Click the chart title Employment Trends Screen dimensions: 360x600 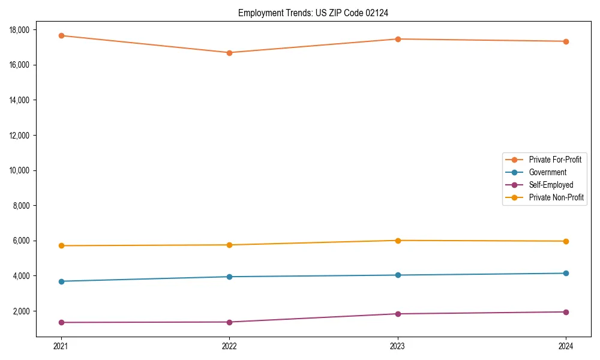(313, 13)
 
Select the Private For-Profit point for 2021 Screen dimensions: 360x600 (61, 35)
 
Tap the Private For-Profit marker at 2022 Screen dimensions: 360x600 (229, 53)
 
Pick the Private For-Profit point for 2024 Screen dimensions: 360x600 (566, 41)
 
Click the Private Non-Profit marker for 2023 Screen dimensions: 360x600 (398, 241)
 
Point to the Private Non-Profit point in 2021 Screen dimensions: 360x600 (61, 245)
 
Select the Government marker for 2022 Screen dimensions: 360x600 (229, 277)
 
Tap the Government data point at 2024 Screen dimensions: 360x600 (566, 273)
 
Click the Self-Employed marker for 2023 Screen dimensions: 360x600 (398, 314)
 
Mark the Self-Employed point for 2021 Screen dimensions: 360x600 (61, 322)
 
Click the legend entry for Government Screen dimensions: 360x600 (547, 172)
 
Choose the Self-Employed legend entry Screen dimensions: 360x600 (551, 185)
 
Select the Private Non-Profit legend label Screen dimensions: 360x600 (556, 197)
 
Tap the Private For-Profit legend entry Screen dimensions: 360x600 (555, 160)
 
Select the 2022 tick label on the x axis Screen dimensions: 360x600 (229, 346)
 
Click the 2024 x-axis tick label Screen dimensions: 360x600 (566, 346)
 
